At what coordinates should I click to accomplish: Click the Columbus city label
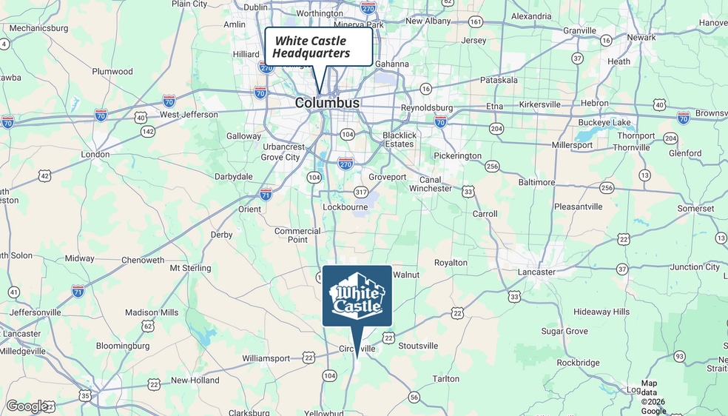click(x=327, y=103)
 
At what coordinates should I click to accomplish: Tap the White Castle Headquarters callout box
click(x=318, y=47)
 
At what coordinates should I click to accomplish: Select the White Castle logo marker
click(x=357, y=295)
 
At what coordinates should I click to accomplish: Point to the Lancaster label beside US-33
click(x=536, y=272)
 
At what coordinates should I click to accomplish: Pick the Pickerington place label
click(x=457, y=156)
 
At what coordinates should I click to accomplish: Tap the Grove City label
click(x=280, y=157)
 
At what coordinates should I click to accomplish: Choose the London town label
click(x=95, y=155)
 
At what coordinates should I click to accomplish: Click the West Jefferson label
click(x=189, y=115)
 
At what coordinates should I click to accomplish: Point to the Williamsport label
click(x=266, y=358)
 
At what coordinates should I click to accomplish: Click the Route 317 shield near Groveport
click(x=361, y=192)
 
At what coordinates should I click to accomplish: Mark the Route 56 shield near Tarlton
click(x=414, y=397)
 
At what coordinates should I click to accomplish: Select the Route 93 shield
click(x=679, y=356)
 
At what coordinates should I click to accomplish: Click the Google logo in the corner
click(x=27, y=406)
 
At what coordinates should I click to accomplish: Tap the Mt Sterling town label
click(x=190, y=268)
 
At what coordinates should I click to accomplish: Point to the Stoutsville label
click(x=418, y=346)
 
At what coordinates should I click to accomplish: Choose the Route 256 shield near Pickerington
click(x=492, y=167)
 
